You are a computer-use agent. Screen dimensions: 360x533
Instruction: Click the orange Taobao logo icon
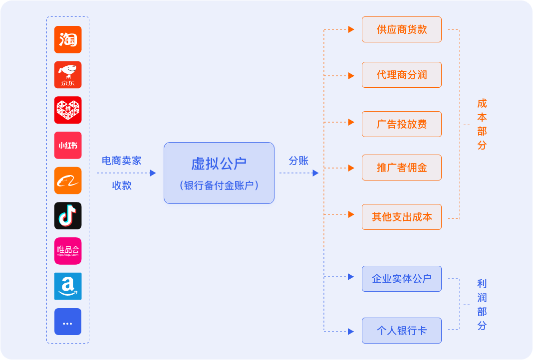pos(68,39)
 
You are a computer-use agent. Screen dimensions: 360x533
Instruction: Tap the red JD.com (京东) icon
pos(68,75)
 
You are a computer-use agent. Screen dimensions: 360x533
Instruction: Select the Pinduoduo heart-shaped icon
pos(68,110)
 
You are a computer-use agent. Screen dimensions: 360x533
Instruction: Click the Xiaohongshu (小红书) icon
pos(68,145)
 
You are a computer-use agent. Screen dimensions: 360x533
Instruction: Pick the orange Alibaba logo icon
pos(68,180)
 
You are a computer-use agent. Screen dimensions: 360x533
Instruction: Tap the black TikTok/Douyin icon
pos(68,215)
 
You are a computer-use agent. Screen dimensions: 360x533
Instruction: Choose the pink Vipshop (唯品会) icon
pos(68,251)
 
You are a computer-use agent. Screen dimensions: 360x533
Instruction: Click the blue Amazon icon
pos(68,286)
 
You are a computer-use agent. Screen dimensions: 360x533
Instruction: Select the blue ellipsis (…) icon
pos(68,322)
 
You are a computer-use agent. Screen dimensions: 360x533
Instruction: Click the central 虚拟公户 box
pos(219,173)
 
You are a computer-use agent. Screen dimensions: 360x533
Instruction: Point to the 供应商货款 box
pos(402,29)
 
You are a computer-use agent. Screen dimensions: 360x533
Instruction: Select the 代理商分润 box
pos(402,75)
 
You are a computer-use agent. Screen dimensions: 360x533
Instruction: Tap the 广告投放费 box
pos(402,124)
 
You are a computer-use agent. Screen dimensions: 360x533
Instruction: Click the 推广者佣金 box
pos(402,168)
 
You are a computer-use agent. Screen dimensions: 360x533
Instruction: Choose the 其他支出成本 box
pos(402,217)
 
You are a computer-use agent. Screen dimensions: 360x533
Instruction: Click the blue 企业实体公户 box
pos(402,279)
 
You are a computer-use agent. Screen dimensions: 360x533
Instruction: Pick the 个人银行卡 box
pos(402,331)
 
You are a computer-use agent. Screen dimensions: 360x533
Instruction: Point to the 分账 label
pos(298,161)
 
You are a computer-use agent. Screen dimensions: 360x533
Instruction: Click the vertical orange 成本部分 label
pos(482,125)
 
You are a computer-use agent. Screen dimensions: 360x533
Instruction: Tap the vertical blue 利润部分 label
pos(482,305)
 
